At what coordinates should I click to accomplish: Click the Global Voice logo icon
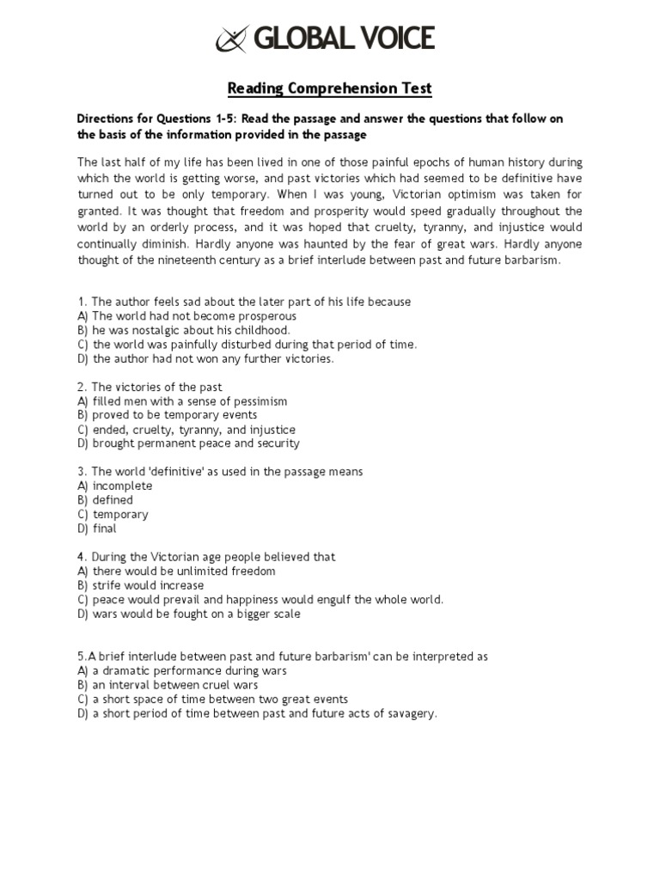point(233,39)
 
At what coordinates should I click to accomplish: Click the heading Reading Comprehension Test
point(329,89)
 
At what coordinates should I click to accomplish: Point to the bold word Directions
point(107,119)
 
